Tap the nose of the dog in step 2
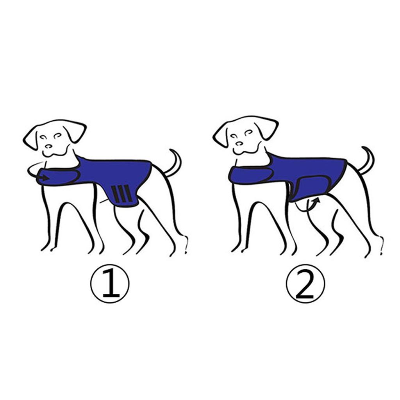coord(238,143)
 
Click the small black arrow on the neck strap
coord(45,178)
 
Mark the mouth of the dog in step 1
coord(50,153)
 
